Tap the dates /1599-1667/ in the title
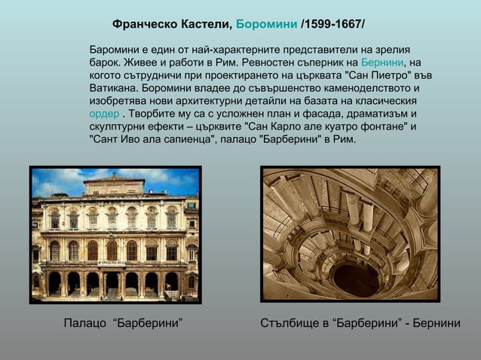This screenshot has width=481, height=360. [332, 25]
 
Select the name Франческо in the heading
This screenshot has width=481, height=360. [142, 25]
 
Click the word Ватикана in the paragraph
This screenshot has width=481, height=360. [112, 88]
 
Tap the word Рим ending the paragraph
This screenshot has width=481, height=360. [346, 139]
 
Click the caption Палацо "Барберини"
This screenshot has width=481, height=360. [123, 324]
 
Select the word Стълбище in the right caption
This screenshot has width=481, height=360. [286, 324]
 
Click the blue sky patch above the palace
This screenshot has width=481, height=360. [60, 181]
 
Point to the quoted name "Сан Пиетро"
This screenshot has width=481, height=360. [381, 75]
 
